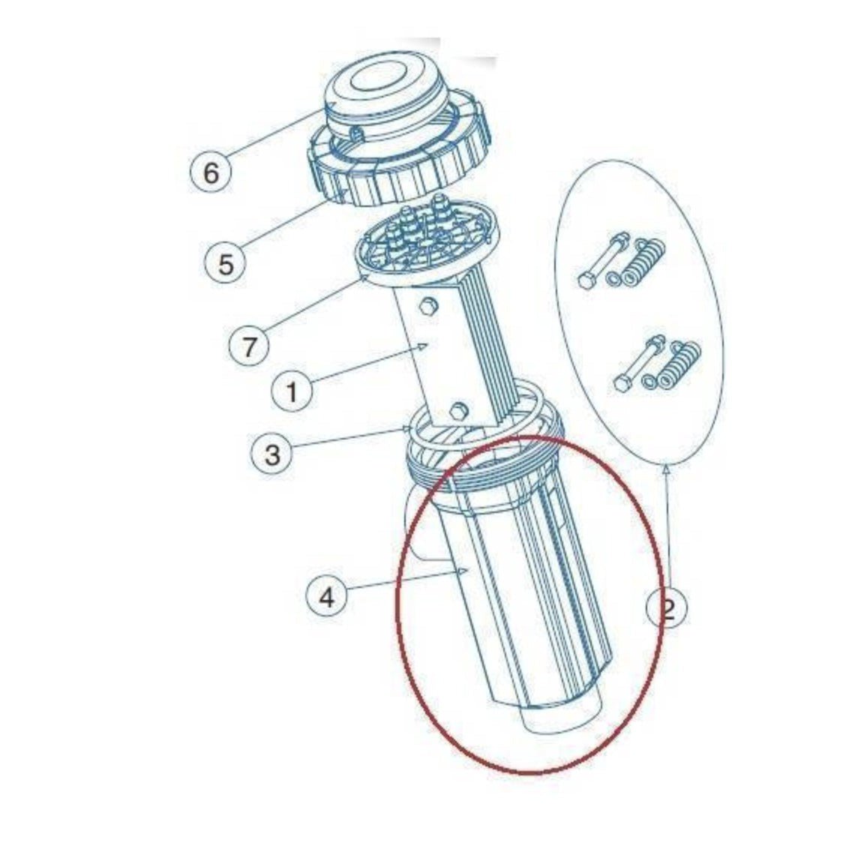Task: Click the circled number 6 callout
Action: pyautogui.click(x=211, y=172)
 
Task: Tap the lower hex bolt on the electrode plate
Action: pyautogui.click(x=460, y=409)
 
